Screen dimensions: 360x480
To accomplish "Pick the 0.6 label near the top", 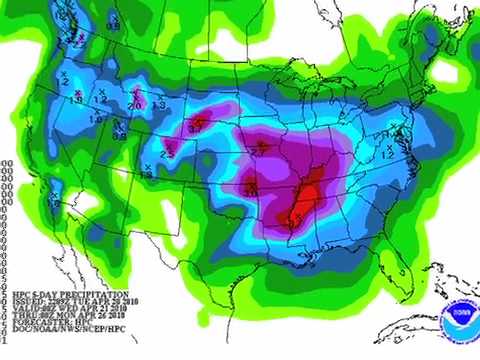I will (x=112, y=24).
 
